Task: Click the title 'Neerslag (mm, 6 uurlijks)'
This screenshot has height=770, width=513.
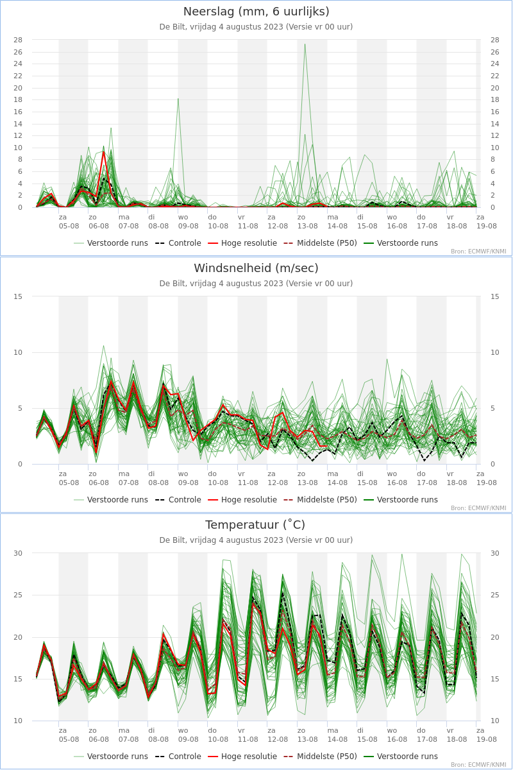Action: [x=256, y=12]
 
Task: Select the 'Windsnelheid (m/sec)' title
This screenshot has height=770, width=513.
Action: [x=256, y=268]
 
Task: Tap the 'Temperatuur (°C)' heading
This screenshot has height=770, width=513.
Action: [x=255, y=525]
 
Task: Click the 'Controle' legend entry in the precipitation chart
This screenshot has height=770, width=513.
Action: [x=178, y=243]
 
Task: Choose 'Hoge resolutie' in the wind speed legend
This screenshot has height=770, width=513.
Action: [x=242, y=500]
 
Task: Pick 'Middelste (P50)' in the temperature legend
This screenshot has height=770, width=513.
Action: [x=321, y=757]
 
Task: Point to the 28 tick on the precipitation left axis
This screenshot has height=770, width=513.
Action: [x=18, y=40]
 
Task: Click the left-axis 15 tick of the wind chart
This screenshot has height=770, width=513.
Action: [x=18, y=296]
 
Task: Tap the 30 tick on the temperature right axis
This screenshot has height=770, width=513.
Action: [x=495, y=553]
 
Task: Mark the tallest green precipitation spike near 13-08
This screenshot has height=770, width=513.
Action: [x=305, y=44]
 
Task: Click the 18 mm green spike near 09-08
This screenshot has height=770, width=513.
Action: [x=178, y=99]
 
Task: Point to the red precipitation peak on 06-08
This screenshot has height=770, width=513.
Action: [x=103, y=151]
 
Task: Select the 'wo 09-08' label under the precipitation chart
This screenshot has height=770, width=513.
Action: [x=188, y=222]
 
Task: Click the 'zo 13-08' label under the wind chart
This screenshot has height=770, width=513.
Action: [x=307, y=478]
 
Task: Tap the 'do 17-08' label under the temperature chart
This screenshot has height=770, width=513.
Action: [x=427, y=735]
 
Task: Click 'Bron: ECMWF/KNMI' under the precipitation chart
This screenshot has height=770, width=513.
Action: [x=478, y=252]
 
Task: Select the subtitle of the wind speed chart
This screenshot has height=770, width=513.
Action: [x=256, y=284]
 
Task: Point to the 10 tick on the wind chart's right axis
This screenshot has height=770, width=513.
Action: [x=495, y=352]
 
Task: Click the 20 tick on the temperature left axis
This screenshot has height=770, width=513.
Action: [x=18, y=637]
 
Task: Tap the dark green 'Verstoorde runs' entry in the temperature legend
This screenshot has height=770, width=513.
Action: [x=401, y=757]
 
